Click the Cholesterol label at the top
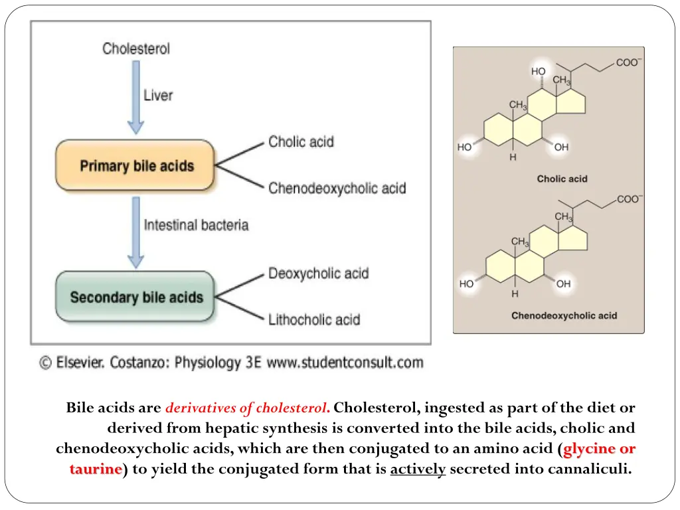coord(136,48)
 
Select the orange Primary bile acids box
coord(135,165)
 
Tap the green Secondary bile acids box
coord(135,297)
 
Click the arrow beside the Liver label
coord(135,96)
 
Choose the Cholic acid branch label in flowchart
coord(301,141)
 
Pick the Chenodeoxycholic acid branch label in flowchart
coord(337,188)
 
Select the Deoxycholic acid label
coord(318,273)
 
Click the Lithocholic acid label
coord(313,319)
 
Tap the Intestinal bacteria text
coord(196,225)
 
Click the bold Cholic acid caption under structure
coord(562,179)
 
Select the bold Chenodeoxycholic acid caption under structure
coord(564,315)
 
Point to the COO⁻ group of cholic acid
coord(628,63)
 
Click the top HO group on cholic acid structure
coord(538,71)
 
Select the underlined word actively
coord(418,469)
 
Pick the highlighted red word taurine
coord(96,469)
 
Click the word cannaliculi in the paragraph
coord(590,469)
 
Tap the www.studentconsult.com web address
coord(344,363)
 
